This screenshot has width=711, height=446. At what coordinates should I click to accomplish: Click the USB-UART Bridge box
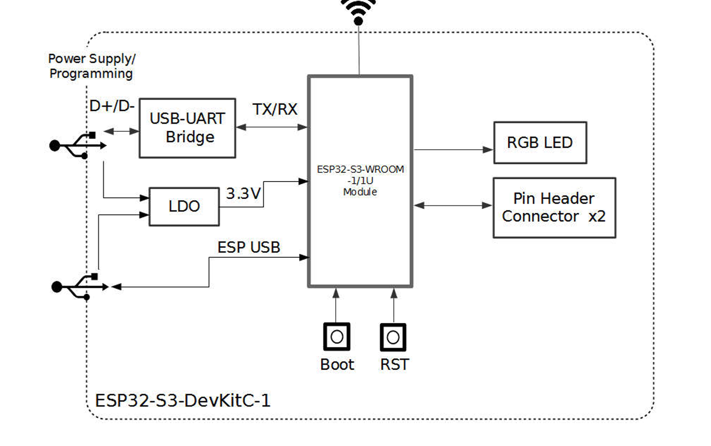point(187,128)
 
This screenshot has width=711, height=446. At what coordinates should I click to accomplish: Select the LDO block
point(184,206)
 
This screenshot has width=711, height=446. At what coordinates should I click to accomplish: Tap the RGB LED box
point(540,143)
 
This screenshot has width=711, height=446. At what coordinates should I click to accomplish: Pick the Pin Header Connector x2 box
point(554,207)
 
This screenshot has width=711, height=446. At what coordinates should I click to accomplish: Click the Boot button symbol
point(337,337)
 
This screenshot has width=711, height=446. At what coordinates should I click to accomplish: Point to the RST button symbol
point(393,337)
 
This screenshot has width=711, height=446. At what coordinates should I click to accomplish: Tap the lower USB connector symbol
point(80,287)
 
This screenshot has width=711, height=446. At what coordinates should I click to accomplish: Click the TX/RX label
point(275,110)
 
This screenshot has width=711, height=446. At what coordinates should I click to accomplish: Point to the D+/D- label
point(112,106)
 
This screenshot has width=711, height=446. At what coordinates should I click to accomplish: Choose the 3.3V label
point(243,194)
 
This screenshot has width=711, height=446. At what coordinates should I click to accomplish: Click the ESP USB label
point(248,248)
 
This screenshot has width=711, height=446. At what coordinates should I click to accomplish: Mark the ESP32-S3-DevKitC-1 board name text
point(183,401)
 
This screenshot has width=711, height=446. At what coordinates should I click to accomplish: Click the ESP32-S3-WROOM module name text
point(360,170)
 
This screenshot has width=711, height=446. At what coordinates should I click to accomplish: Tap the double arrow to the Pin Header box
point(453,205)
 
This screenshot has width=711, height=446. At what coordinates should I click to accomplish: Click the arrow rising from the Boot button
point(336,305)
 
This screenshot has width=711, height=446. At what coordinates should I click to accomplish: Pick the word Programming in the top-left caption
point(91,74)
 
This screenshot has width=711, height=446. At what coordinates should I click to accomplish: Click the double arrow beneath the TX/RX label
point(271,127)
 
